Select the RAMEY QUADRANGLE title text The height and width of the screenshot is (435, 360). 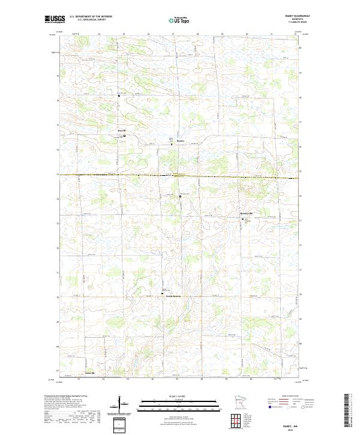click(x=299, y=16)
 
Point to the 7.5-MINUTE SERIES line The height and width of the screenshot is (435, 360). click(x=299, y=23)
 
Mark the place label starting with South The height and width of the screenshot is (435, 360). click(x=174, y=296)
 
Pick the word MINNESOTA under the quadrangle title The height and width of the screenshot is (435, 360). click(x=299, y=20)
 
